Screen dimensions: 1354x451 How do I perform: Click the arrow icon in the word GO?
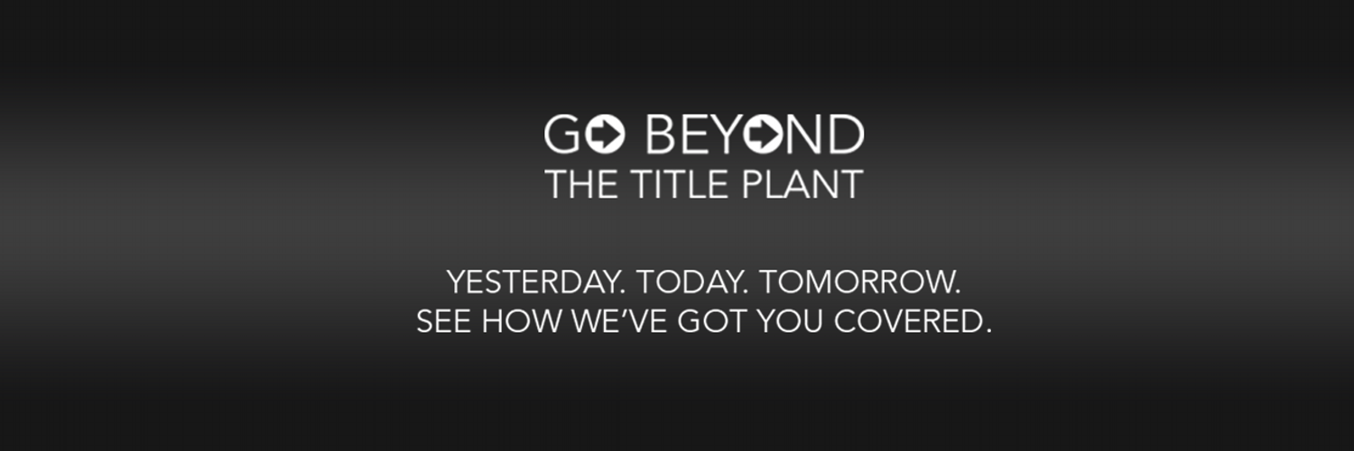(x=605, y=134)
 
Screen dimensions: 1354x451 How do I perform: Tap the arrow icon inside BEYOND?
(x=764, y=134)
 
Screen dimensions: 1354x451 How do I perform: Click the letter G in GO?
(x=562, y=134)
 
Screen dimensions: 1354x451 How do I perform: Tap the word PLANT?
(x=802, y=184)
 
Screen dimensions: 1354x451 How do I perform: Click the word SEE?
(x=444, y=320)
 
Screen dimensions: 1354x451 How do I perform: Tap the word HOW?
(x=522, y=320)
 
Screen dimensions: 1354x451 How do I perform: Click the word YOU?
(x=790, y=320)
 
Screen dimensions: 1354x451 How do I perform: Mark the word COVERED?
(x=908, y=320)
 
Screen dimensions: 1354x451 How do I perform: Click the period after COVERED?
(x=988, y=331)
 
